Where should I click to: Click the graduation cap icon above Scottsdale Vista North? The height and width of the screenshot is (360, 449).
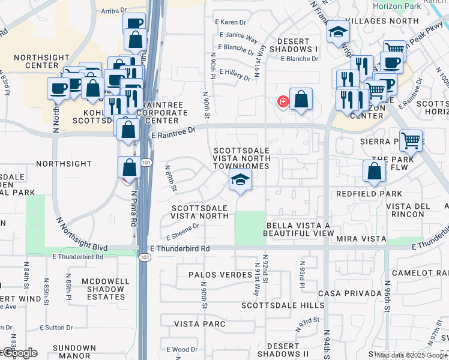coord(240,179)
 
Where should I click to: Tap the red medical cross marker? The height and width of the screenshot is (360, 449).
coord(282,102)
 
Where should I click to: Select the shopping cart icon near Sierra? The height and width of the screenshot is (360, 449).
coord(411,142)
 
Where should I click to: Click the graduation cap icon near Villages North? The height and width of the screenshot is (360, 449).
coord(339,32)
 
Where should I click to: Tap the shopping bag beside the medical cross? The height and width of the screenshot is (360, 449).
coord(301,100)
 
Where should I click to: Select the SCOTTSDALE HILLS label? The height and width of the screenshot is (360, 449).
coord(283,305)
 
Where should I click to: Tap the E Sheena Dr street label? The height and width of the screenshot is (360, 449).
coord(179,226)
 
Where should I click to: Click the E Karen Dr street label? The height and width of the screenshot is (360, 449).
coord(227,22)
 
